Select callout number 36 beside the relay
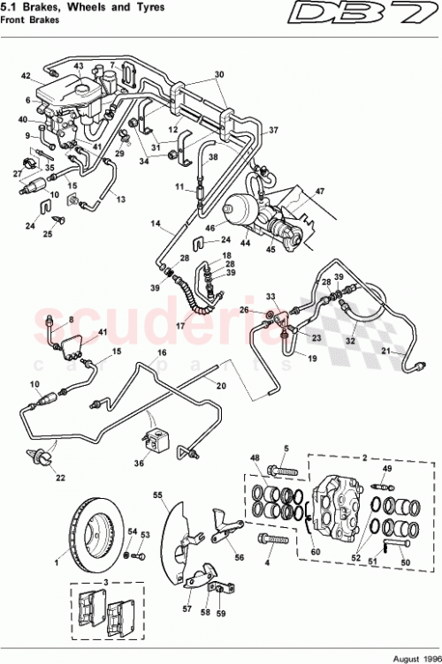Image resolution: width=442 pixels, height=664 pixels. [x=139, y=462]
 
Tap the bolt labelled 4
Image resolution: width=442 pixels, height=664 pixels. [x=271, y=536]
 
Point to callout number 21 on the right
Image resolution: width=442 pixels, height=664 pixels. [x=385, y=351]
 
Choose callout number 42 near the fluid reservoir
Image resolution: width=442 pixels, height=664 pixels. [x=26, y=75]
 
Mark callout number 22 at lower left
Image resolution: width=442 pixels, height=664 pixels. [x=59, y=478]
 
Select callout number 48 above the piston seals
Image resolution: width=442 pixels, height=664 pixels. [x=255, y=457]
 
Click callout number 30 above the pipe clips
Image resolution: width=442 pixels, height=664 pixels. [x=219, y=74]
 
